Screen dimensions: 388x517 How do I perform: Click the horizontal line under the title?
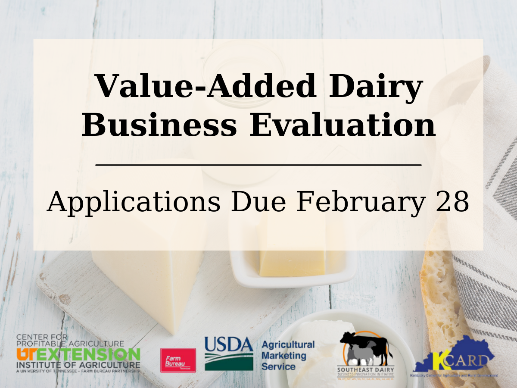258,164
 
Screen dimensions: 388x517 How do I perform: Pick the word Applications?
134,202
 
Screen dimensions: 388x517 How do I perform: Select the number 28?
452,202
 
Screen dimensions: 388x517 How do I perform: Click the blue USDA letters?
228,345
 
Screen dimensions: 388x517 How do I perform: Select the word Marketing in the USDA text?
284,356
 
